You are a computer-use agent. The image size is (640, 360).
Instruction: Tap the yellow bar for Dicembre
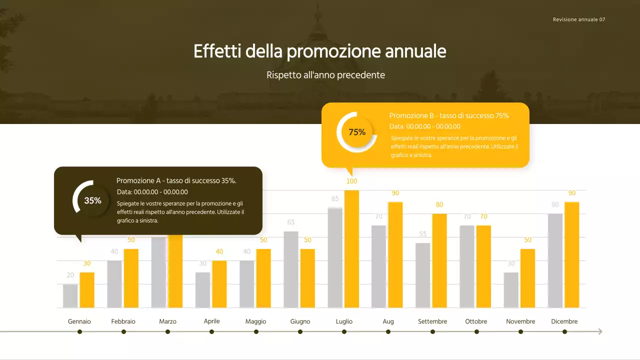point(572,255)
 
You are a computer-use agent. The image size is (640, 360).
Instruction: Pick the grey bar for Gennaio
point(70,296)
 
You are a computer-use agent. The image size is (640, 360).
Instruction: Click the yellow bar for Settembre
point(439,260)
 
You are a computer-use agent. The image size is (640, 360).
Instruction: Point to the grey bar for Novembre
point(511,290)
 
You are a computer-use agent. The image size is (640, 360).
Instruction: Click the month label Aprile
point(211,321)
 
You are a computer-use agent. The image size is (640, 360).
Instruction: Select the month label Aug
point(388,321)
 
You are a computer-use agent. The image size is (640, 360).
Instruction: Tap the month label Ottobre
point(476,321)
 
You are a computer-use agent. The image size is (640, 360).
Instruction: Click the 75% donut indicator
point(357,132)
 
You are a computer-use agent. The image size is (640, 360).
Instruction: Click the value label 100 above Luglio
point(351,181)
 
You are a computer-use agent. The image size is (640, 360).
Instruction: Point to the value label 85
point(335,199)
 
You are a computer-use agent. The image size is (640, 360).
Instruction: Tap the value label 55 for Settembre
point(423,234)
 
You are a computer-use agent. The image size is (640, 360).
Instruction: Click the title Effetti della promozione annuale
point(320,51)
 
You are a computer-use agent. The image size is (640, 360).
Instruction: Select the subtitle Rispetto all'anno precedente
point(325,75)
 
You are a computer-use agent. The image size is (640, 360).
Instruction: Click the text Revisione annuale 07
point(579,19)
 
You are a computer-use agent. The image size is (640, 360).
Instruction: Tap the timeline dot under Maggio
point(256,331)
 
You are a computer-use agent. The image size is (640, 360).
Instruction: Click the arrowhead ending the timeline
point(600,331)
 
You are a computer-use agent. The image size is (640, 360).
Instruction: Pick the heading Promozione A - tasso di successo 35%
point(176,181)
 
